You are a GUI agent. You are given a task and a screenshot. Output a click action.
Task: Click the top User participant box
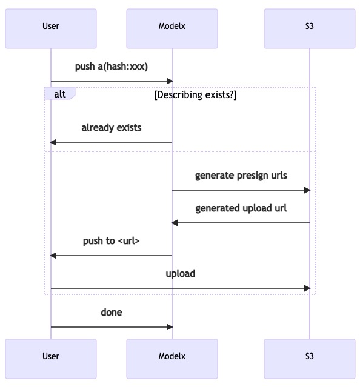click(x=51, y=28)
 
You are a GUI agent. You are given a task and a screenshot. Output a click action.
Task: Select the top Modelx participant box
click(x=172, y=28)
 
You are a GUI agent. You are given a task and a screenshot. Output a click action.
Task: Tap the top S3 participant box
click(x=310, y=28)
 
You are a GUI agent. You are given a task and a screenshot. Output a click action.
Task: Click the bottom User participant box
click(x=51, y=359)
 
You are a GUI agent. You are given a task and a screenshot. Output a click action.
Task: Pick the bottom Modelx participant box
click(x=172, y=359)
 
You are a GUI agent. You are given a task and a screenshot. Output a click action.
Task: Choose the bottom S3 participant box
click(x=310, y=359)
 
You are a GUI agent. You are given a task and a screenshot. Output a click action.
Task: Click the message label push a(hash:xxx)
click(x=112, y=67)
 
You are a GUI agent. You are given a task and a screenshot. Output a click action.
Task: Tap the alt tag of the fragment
click(x=60, y=94)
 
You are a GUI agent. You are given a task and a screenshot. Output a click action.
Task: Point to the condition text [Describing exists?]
click(x=195, y=94)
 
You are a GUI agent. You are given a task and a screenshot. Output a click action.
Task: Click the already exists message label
click(x=112, y=128)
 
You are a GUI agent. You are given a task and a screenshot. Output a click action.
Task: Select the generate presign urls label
click(x=241, y=176)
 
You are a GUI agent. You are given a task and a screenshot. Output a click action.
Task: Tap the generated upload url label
click(x=241, y=208)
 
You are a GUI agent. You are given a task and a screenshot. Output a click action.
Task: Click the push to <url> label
click(x=112, y=241)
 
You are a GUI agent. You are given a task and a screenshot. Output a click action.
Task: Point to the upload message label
click(x=181, y=274)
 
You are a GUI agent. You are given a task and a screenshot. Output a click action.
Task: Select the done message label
click(x=112, y=313)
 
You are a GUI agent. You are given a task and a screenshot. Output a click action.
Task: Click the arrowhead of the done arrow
click(x=170, y=327)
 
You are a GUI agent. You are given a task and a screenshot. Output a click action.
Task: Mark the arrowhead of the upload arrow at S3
click(x=307, y=288)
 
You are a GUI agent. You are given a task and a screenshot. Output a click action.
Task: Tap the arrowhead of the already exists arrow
click(x=53, y=142)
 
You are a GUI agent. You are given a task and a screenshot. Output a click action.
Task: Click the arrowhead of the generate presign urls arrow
click(x=307, y=190)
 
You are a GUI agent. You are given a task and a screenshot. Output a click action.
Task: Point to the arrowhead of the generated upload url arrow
click(x=175, y=223)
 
